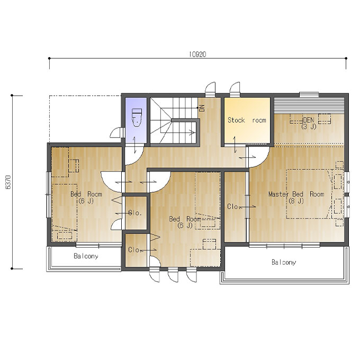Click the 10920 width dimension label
[197, 54]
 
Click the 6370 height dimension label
[8, 182]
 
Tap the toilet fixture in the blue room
[137, 118]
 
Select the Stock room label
[247, 120]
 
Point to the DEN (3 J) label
[309, 123]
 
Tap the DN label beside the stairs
[202, 108]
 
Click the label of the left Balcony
[86, 256]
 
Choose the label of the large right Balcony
[284, 262]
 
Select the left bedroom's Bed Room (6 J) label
[86, 197]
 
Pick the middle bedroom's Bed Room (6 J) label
[185, 222]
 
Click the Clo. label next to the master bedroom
[233, 206]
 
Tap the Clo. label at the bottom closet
[134, 249]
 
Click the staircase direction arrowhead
[193, 132]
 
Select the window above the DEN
[309, 94]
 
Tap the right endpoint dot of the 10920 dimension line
[346, 58]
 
